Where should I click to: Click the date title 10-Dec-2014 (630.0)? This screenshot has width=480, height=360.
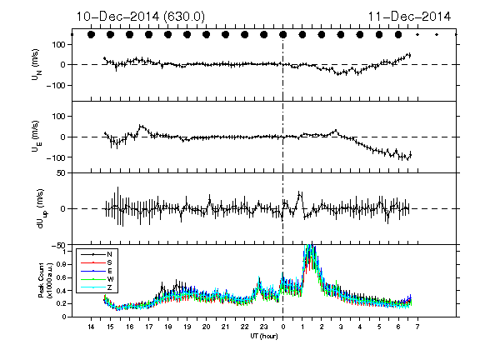click(140, 17)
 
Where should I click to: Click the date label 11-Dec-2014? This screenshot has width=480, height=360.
click(409, 17)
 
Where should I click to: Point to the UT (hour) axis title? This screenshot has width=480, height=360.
click(264, 336)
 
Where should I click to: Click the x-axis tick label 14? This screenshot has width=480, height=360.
click(91, 327)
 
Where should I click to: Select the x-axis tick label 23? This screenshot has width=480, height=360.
click(263, 327)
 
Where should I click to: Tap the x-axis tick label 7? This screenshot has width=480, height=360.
click(417, 327)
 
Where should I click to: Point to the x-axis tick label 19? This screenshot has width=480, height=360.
click(187, 327)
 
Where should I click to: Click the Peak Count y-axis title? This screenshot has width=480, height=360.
click(45, 280)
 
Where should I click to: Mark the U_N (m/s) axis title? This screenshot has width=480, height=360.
click(37, 64)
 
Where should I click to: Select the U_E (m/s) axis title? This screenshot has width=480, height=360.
click(37, 137)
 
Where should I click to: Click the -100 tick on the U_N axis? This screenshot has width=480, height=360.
click(56, 85)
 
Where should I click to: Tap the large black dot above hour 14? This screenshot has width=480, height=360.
click(91, 35)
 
